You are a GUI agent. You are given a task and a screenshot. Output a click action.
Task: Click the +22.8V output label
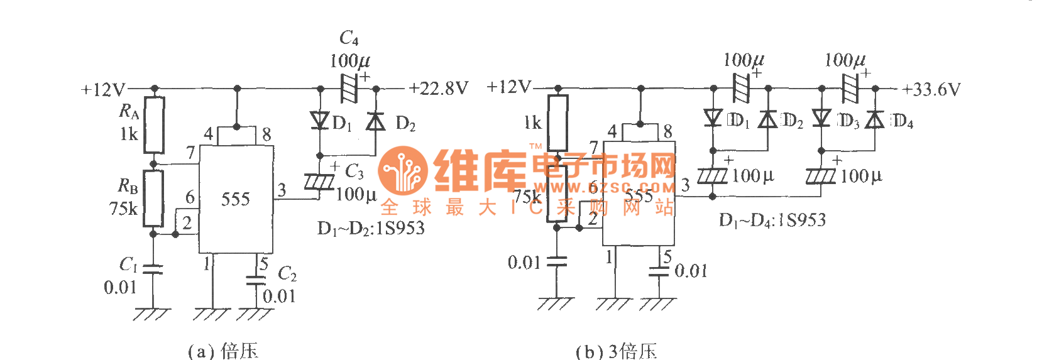pos(438,89)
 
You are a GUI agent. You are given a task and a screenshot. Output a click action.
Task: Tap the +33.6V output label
pos(931,90)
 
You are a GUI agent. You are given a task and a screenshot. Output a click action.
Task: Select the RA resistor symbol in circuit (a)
pos(154,125)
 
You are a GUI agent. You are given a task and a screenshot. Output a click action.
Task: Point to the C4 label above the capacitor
pos(349,38)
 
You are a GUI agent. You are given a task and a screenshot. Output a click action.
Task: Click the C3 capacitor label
pos(354,171)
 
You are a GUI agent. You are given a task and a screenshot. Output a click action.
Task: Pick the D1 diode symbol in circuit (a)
pos(320,120)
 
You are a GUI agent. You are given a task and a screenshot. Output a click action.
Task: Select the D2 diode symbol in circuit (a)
pos(376,121)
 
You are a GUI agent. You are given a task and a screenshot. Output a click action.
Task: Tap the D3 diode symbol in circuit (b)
pos(821,118)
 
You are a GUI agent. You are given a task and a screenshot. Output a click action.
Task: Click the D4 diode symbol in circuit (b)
pos(875,119)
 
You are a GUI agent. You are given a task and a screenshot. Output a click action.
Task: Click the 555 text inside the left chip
pos(236,200)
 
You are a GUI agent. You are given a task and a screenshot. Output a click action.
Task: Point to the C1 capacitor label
pos(129,265)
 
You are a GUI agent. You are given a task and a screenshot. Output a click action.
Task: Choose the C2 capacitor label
pos(287,274)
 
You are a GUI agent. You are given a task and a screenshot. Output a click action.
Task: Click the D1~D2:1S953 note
pos(371,228)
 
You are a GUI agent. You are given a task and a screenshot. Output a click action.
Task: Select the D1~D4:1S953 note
pos(772,220)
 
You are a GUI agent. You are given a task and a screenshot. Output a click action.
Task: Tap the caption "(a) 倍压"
pos(223,350)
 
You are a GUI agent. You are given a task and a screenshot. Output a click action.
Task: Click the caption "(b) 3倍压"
pos(616,351)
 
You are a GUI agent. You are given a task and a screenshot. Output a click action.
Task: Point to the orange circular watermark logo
pos(403,171)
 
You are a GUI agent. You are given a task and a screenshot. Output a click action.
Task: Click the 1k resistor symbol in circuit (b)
pos(557,123)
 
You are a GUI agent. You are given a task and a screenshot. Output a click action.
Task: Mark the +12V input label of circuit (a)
pos(103,90)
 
